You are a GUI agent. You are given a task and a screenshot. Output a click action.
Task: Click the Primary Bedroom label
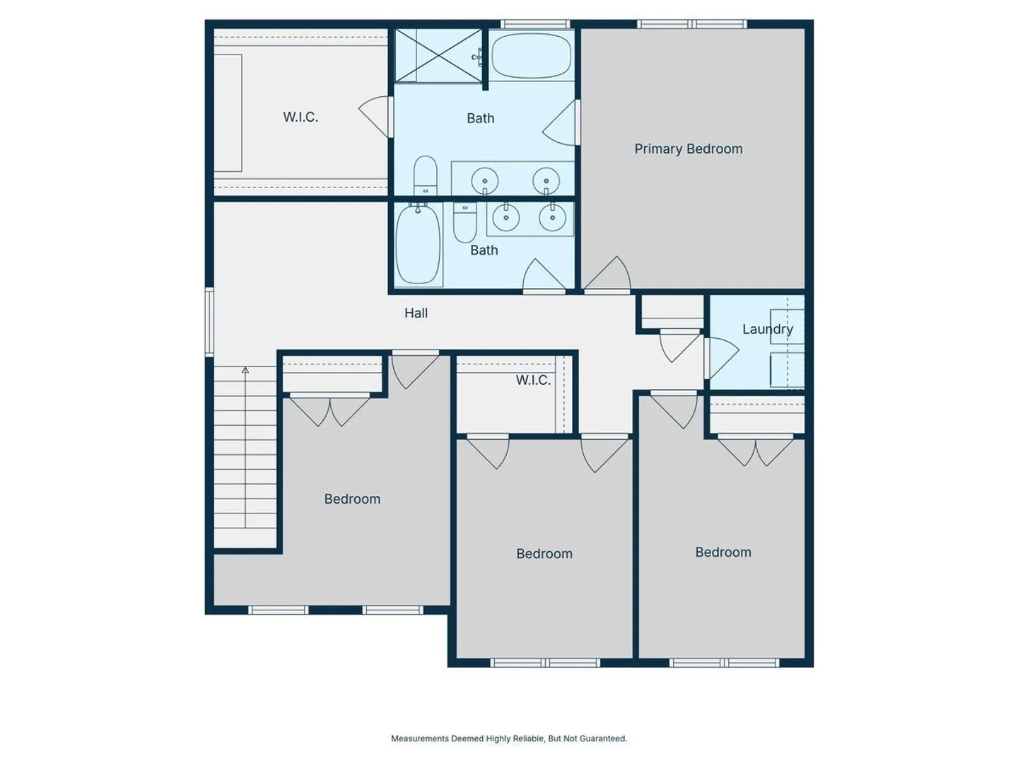click(x=689, y=149)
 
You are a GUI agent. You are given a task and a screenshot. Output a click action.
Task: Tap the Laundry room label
click(x=768, y=330)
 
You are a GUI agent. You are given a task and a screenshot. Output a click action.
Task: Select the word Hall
click(x=416, y=313)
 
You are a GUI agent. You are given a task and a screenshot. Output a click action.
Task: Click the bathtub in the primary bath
click(x=532, y=55)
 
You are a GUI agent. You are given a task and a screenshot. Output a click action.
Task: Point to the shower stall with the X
click(x=438, y=55)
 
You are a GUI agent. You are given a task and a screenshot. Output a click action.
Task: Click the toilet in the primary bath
click(x=426, y=175)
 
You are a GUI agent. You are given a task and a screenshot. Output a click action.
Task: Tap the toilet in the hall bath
click(x=464, y=221)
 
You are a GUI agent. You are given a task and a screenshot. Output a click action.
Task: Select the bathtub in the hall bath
click(x=419, y=245)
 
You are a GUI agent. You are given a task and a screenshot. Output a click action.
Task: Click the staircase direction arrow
click(x=245, y=447)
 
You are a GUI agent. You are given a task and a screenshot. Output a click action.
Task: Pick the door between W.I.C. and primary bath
click(x=377, y=117)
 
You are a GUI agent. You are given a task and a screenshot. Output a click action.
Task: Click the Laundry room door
click(x=720, y=358)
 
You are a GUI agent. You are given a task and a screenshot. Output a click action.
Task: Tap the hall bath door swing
click(x=544, y=276)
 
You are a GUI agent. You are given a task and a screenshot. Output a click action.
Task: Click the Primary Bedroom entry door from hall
click(x=607, y=274)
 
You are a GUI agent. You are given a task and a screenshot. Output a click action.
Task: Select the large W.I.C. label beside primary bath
click(x=300, y=117)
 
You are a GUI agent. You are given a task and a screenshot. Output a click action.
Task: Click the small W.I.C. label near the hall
click(x=533, y=381)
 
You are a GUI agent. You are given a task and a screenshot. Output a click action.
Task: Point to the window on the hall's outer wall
click(x=210, y=322)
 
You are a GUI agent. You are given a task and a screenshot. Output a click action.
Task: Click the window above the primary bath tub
click(x=534, y=24)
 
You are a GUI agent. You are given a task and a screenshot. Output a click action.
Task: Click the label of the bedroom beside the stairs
click(x=352, y=499)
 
